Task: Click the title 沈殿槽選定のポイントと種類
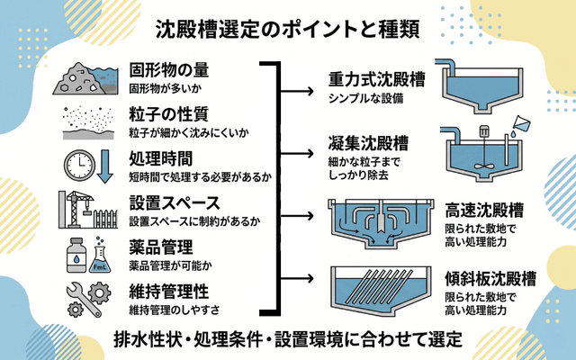(x=288, y=31)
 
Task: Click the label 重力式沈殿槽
(x=376, y=79)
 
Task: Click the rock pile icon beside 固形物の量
(x=81, y=79)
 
